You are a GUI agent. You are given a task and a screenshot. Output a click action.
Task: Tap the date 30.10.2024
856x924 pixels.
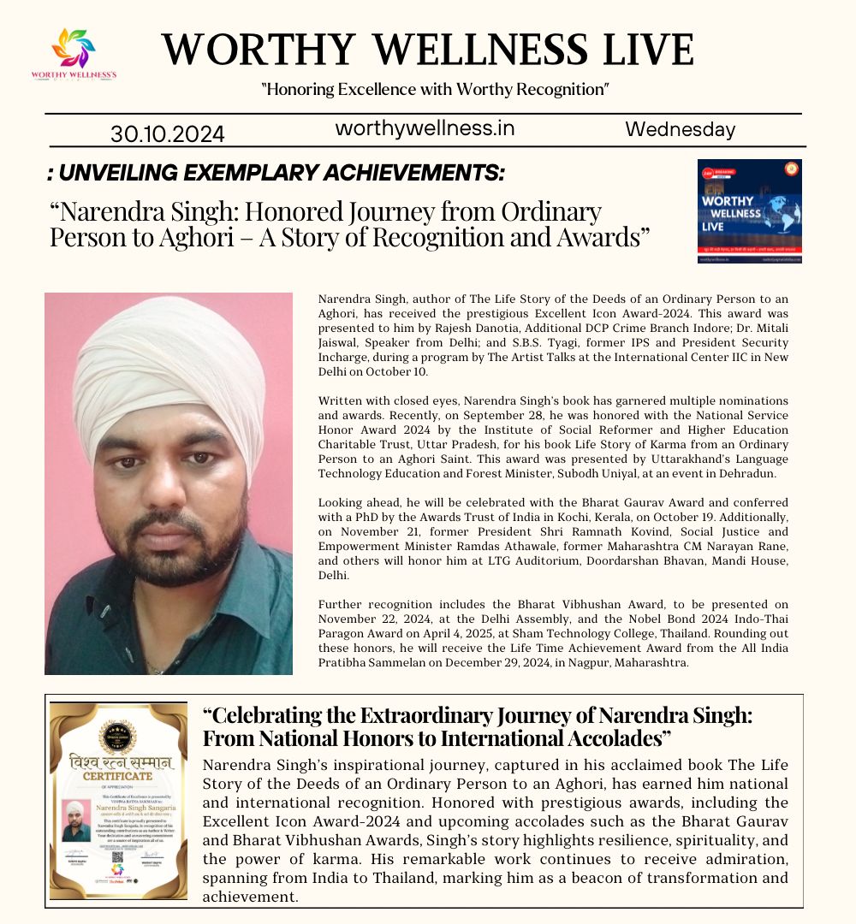(x=168, y=134)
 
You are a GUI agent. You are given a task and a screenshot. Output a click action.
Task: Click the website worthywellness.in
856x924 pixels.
(x=425, y=128)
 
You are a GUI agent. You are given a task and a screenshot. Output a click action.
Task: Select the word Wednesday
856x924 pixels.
(x=680, y=129)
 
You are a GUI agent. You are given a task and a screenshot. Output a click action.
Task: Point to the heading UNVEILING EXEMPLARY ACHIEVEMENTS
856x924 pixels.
(x=276, y=174)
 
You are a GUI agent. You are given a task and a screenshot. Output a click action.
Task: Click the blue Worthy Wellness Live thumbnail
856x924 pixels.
(x=749, y=210)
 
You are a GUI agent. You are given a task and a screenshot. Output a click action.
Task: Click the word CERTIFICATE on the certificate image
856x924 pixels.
(x=118, y=775)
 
